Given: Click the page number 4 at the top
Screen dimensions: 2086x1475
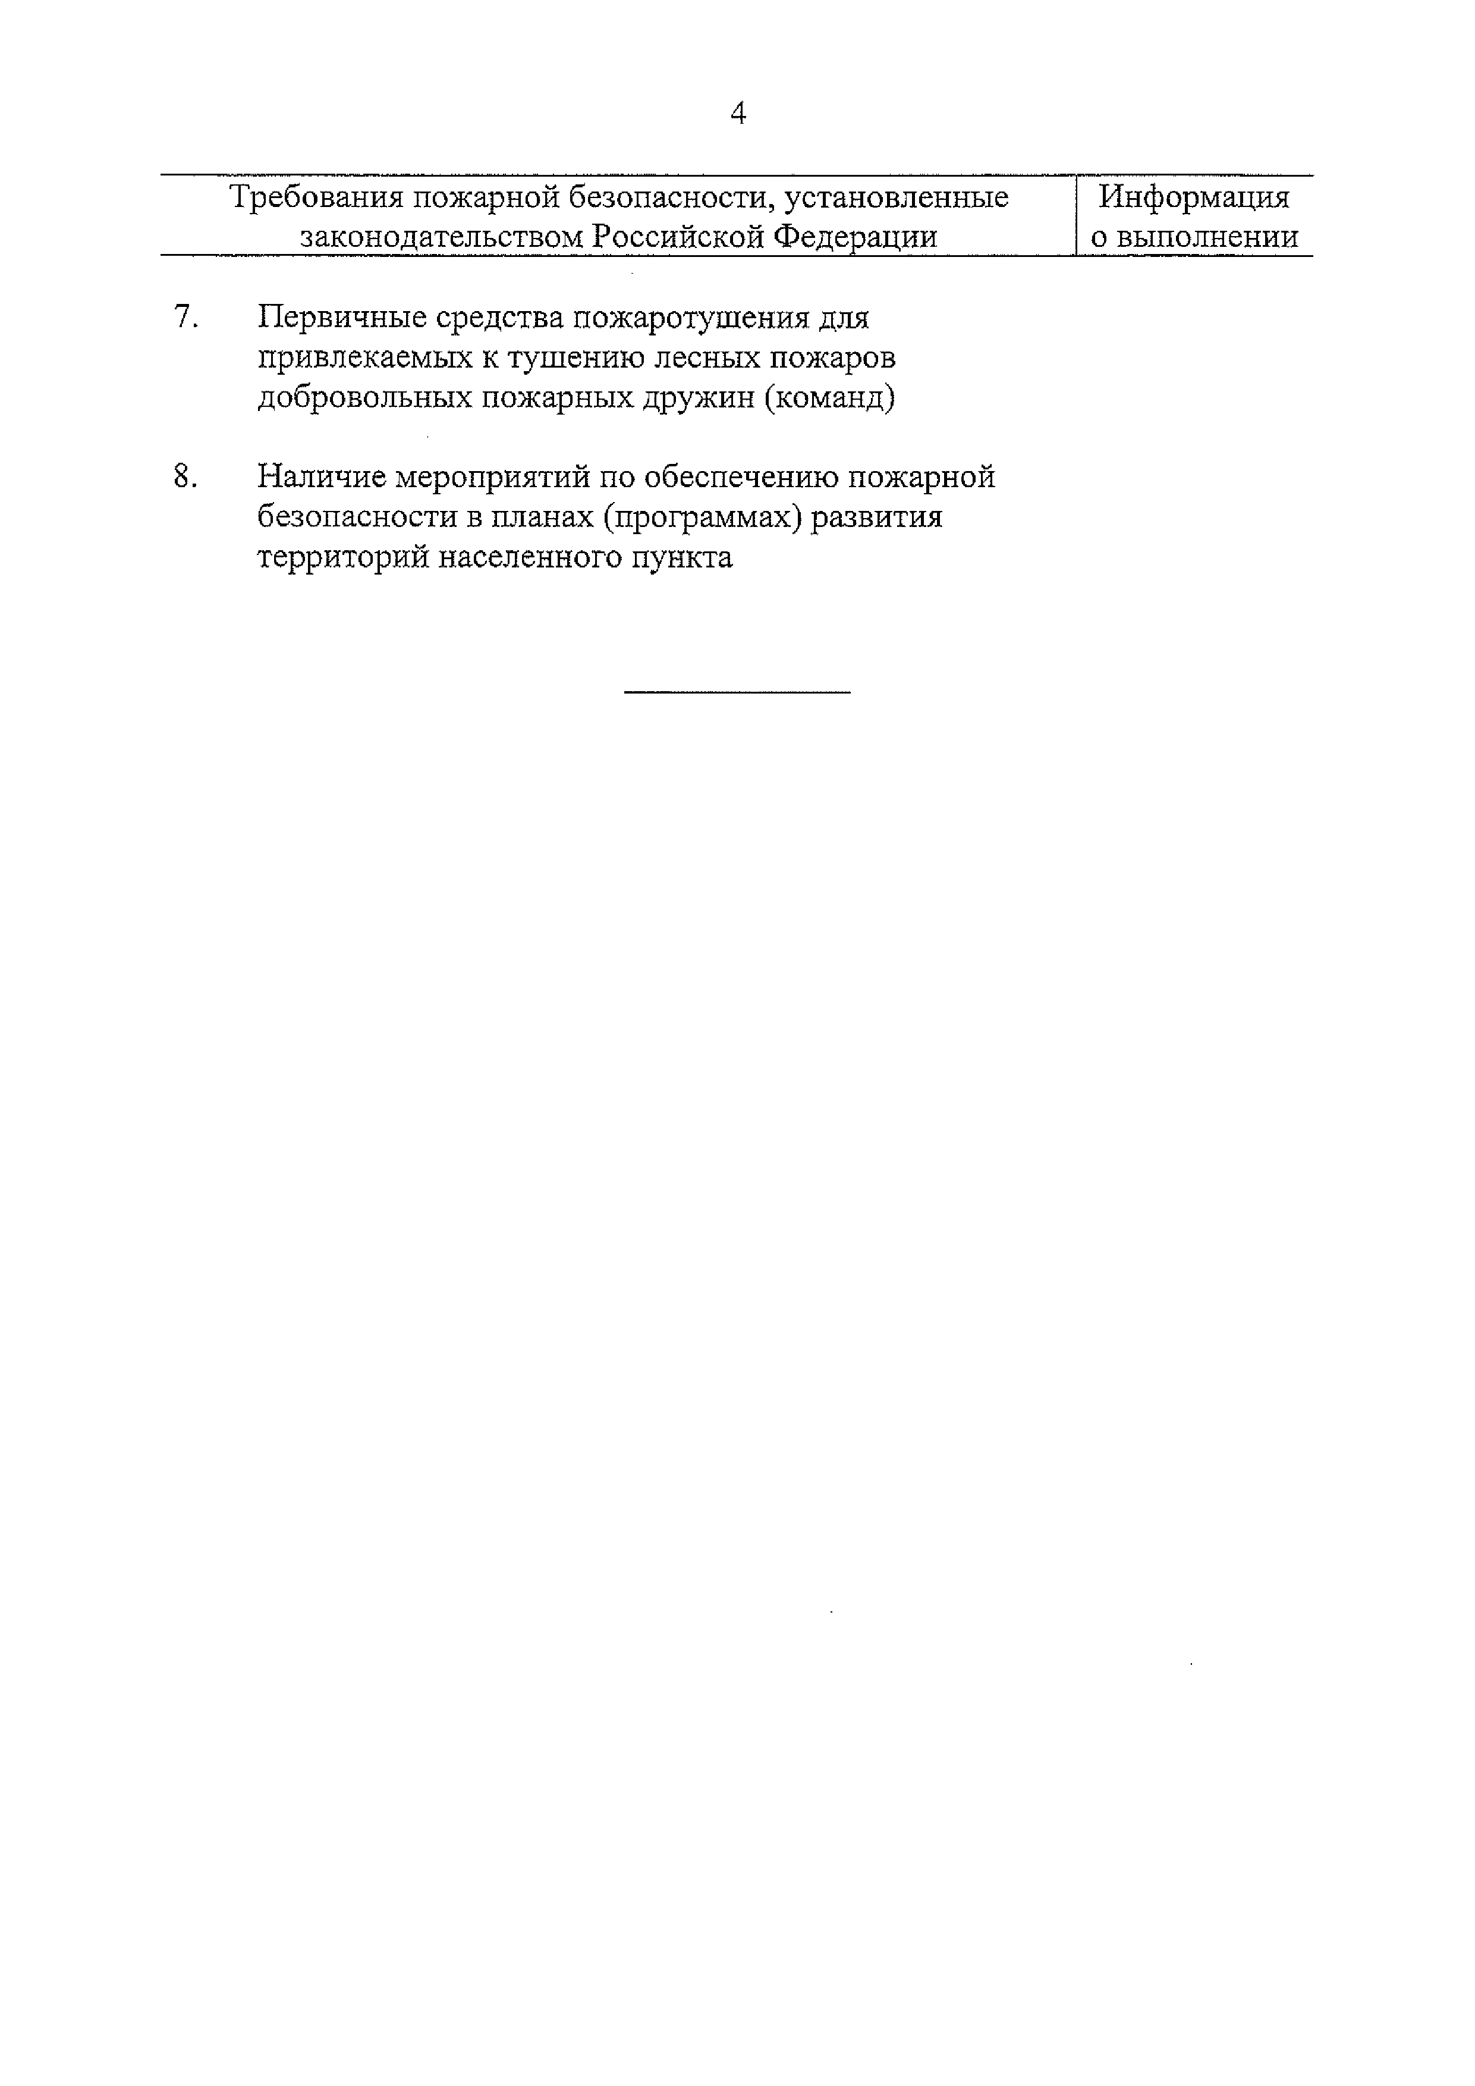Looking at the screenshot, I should click(x=737, y=114).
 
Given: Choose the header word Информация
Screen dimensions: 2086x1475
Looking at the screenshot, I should click(x=1193, y=197).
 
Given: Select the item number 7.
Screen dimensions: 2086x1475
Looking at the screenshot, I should click(x=185, y=318).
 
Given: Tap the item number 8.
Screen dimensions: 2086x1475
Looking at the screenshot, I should click(x=185, y=476).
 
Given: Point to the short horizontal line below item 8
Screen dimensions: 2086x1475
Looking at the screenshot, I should click(x=737, y=692).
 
